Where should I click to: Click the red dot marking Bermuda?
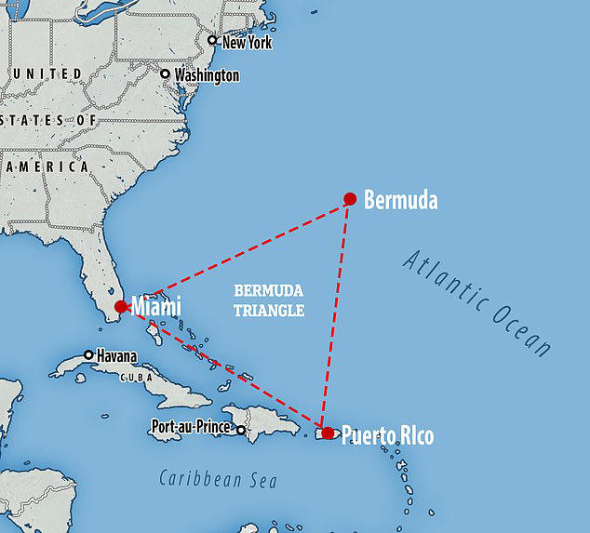[350, 198]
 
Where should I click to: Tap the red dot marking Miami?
[120, 307]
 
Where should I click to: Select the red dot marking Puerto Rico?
[328, 433]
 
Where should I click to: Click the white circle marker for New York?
[212, 40]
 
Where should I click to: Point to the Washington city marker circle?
[166, 74]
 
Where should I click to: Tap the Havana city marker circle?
[88, 354]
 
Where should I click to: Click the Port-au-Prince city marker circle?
[241, 430]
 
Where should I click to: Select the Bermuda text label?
[400, 199]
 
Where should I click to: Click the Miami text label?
[155, 306]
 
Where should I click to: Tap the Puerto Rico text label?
[387, 435]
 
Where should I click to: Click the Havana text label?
[115, 355]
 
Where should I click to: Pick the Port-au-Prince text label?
[192, 430]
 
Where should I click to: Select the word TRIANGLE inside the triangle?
[270, 312]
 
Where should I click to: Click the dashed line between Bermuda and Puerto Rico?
[336, 316]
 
